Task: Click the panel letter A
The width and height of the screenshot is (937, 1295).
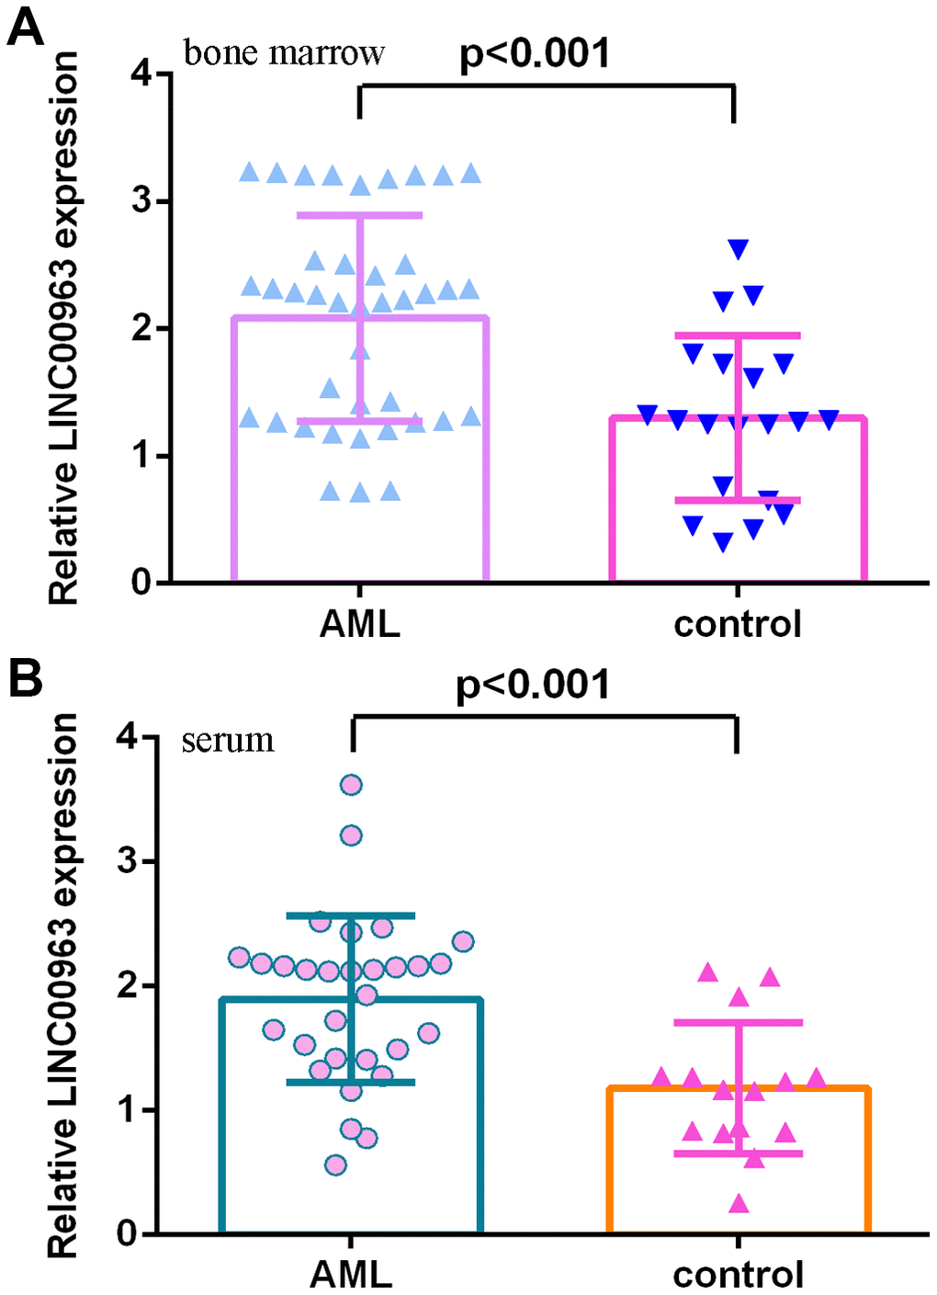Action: [x=25, y=28]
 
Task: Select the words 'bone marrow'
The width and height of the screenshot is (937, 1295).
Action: [x=284, y=52]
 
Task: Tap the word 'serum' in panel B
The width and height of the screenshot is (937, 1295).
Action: [x=228, y=739]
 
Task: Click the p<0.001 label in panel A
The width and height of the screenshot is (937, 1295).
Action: [x=535, y=53]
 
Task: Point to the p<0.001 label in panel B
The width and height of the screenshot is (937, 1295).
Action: [x=533, y=685]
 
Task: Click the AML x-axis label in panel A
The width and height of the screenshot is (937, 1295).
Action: [x=359, y=624]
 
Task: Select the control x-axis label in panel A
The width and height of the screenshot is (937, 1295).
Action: [x=737, y=624]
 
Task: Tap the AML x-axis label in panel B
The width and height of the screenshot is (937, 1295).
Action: [x=351, y=1274]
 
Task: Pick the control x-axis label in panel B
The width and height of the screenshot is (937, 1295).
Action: [x=738, y=1274]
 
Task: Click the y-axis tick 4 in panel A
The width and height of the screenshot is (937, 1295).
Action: [x=141, y=74]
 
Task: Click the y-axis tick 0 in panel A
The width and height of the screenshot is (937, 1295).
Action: [x=141, y=582]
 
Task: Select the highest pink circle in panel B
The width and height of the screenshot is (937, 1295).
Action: [x=351, y=785]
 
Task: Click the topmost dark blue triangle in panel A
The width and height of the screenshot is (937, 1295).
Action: [x=738, y=249]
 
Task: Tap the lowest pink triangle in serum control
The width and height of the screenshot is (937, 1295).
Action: [x=738, y=1203]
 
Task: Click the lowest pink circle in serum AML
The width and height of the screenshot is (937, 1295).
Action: [x=335, y=1165]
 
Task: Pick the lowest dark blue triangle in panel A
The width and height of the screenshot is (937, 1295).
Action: [x=723, y=542]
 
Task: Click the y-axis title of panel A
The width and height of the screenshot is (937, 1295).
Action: [x=63, y=328]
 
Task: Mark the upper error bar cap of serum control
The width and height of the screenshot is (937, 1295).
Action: [x=738, y=1022]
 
